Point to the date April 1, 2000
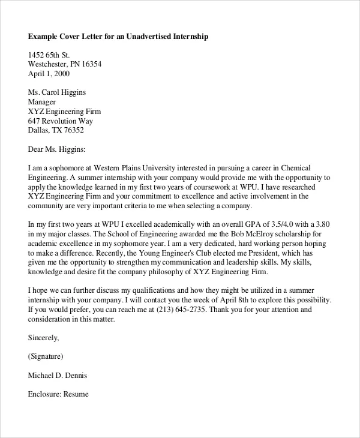click(x=49, y=74)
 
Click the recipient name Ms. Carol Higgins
click(x=57, y=92)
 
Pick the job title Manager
click(x=43, y=102)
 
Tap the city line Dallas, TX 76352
click(x=56, y=130)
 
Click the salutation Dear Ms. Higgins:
click(x=57, y=148)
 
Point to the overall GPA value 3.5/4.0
click(x=280, y=224)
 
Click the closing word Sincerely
click(x=43, y=338)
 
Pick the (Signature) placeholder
click(x=46, y=356)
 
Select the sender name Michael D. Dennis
click(x=58, y=376)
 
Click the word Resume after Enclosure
click(x=76, y=394)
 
